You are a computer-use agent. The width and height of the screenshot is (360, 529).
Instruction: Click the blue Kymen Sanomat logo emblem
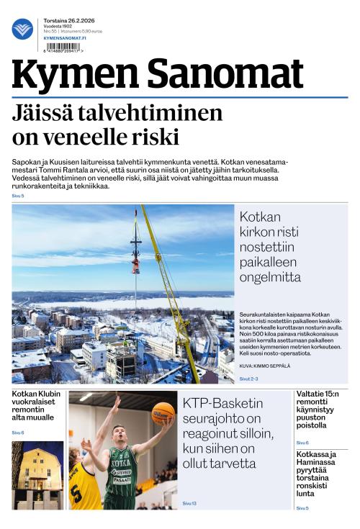point(22,29)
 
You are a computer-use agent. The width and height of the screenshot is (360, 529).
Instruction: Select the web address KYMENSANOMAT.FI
point(66,37)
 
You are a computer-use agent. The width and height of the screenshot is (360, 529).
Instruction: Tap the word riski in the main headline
point(159,136)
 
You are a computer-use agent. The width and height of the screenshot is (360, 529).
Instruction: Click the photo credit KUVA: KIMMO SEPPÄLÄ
point(265,366)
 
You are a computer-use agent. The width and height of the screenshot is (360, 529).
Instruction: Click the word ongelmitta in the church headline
point(271,277)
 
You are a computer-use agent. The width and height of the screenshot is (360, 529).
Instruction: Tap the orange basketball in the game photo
point(162,412)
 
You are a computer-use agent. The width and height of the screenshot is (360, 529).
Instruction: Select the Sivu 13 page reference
point(189,503)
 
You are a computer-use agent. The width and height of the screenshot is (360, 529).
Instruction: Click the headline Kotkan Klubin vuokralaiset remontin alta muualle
point(37,405)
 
